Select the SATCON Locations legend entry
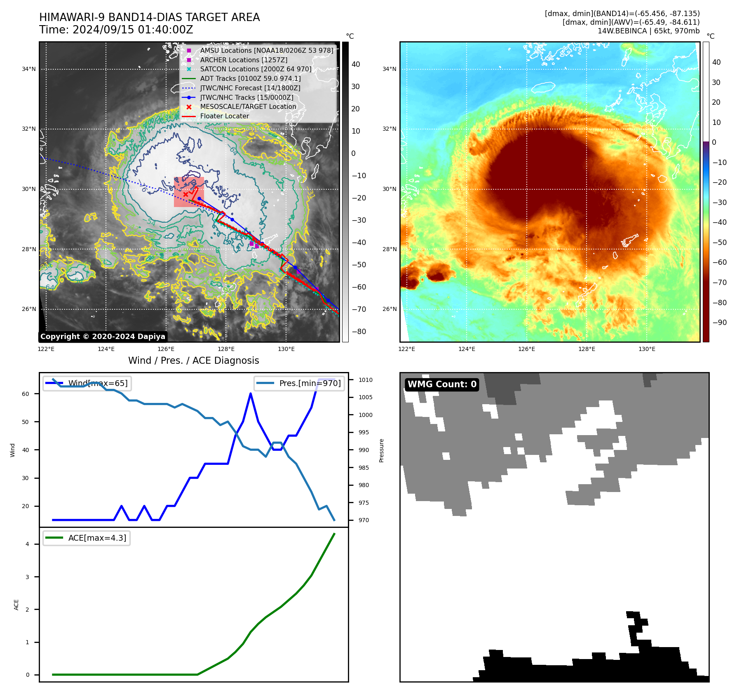256,69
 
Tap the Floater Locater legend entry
224,116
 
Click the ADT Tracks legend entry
250,78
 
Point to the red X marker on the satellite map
185,194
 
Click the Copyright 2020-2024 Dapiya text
103,337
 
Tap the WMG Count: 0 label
442,384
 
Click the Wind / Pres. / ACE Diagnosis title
193,360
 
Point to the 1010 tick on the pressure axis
365,380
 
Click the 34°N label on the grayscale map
29,69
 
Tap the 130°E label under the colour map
647,349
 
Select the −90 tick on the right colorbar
719,323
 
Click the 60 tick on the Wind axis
26,394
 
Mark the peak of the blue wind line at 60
251,394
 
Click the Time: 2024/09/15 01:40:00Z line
116,30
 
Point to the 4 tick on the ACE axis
28,544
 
